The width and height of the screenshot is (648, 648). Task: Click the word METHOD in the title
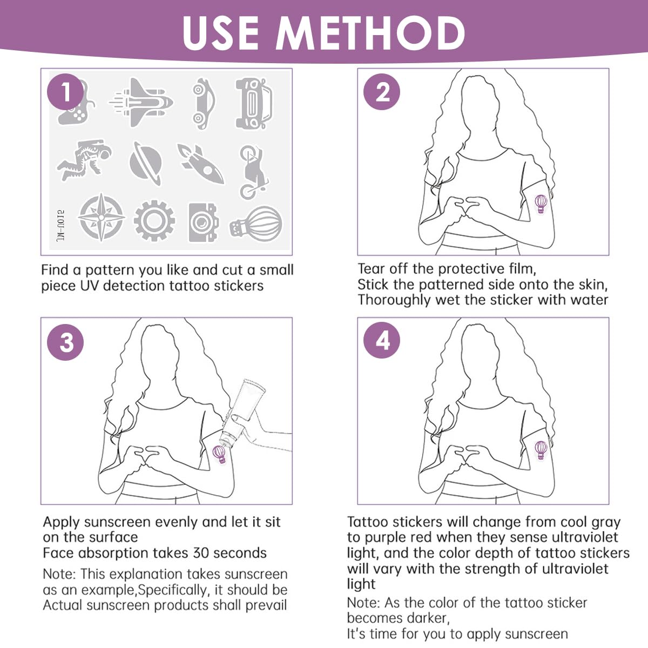coord(370,33)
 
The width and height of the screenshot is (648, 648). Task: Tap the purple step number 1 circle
coord(65,92)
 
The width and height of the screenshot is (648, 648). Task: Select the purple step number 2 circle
coord(382,92)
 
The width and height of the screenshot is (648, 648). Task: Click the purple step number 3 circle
coord(65,342)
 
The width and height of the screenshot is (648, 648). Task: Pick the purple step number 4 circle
coord(382,340)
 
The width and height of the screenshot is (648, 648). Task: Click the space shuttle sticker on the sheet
coord(141,102)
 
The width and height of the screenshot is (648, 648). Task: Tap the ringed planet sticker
coord(146,164)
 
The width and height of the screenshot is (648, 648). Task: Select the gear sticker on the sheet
coord(154,221)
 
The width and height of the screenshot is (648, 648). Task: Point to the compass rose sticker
coord(101,217)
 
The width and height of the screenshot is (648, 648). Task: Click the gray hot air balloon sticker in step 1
coord(256,224)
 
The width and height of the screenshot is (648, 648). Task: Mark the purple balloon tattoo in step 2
coord(541,204)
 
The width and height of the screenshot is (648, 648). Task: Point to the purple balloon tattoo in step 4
coord(541,450)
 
